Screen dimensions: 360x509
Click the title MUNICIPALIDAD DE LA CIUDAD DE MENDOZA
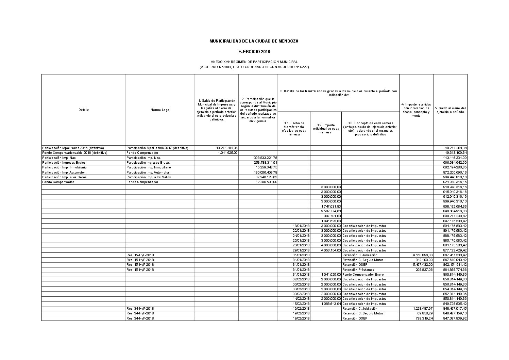(254, 41)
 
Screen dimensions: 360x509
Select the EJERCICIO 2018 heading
(254, 52)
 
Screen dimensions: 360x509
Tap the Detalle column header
(83, 110)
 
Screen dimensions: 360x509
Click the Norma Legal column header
(160, 110)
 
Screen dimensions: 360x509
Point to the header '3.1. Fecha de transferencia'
(294, 129)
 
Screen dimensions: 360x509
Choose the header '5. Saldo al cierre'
(450, 110)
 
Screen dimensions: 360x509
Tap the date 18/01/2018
(301, 226)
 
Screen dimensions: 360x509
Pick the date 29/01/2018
(301, 250)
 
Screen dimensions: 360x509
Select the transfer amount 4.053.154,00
(330, 250)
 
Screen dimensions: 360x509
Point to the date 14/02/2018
(301, 299)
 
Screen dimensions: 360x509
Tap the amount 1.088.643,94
(330, 304)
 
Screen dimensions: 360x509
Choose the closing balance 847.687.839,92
(453, 318)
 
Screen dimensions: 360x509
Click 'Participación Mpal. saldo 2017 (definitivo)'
(157, 148)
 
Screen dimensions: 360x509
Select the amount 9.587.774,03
(330, 211)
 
